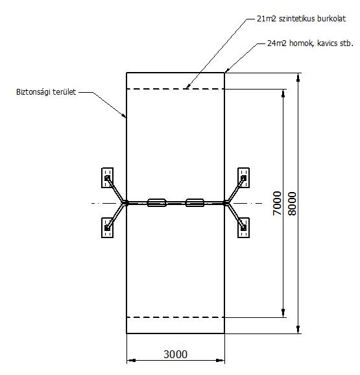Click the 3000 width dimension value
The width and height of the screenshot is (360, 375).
coord(175,354)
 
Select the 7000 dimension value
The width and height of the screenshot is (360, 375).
coord(277,203)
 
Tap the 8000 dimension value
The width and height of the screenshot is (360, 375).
coord(292,204)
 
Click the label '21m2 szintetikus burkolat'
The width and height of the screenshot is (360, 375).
coord(301,19)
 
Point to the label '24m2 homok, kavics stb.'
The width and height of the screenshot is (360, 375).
coord(310,43)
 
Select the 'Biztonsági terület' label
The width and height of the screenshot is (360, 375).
coord(46,92)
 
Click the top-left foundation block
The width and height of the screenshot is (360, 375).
coord(107,178)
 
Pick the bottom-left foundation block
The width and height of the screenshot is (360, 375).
coord(107,228)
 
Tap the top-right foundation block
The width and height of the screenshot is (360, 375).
coord(244,178)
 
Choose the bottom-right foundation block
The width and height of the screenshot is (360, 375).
coord(244,228)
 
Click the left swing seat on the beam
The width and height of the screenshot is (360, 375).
coord(156,203)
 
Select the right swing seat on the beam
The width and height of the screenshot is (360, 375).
coord(195,203)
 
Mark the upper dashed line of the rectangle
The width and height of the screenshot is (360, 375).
coord(175,89)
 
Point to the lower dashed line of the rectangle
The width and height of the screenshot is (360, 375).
coord(175,317)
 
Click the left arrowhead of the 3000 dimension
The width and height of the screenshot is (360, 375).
coord(131,361)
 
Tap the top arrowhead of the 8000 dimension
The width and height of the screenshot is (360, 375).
coord(298,77)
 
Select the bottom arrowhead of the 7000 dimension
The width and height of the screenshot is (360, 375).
coord(283,313)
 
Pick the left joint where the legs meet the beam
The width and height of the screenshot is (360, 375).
coord(126,203)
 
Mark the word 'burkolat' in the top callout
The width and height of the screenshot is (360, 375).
coord(331,19)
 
